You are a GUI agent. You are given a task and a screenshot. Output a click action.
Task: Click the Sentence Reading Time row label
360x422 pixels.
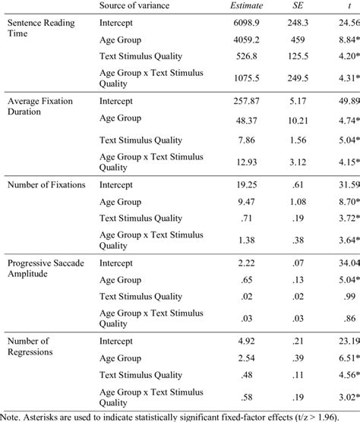click(39, 29)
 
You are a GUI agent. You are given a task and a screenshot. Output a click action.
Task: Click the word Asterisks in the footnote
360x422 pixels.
click(48, 416)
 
